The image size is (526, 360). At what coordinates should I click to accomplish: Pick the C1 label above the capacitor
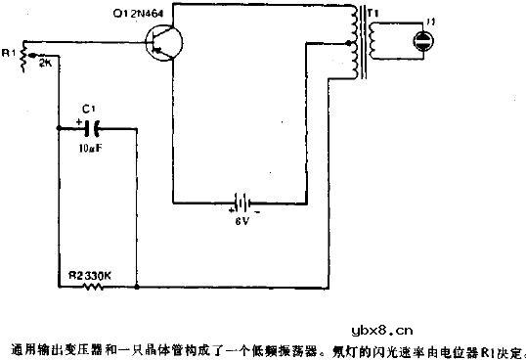pos(92,109)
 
